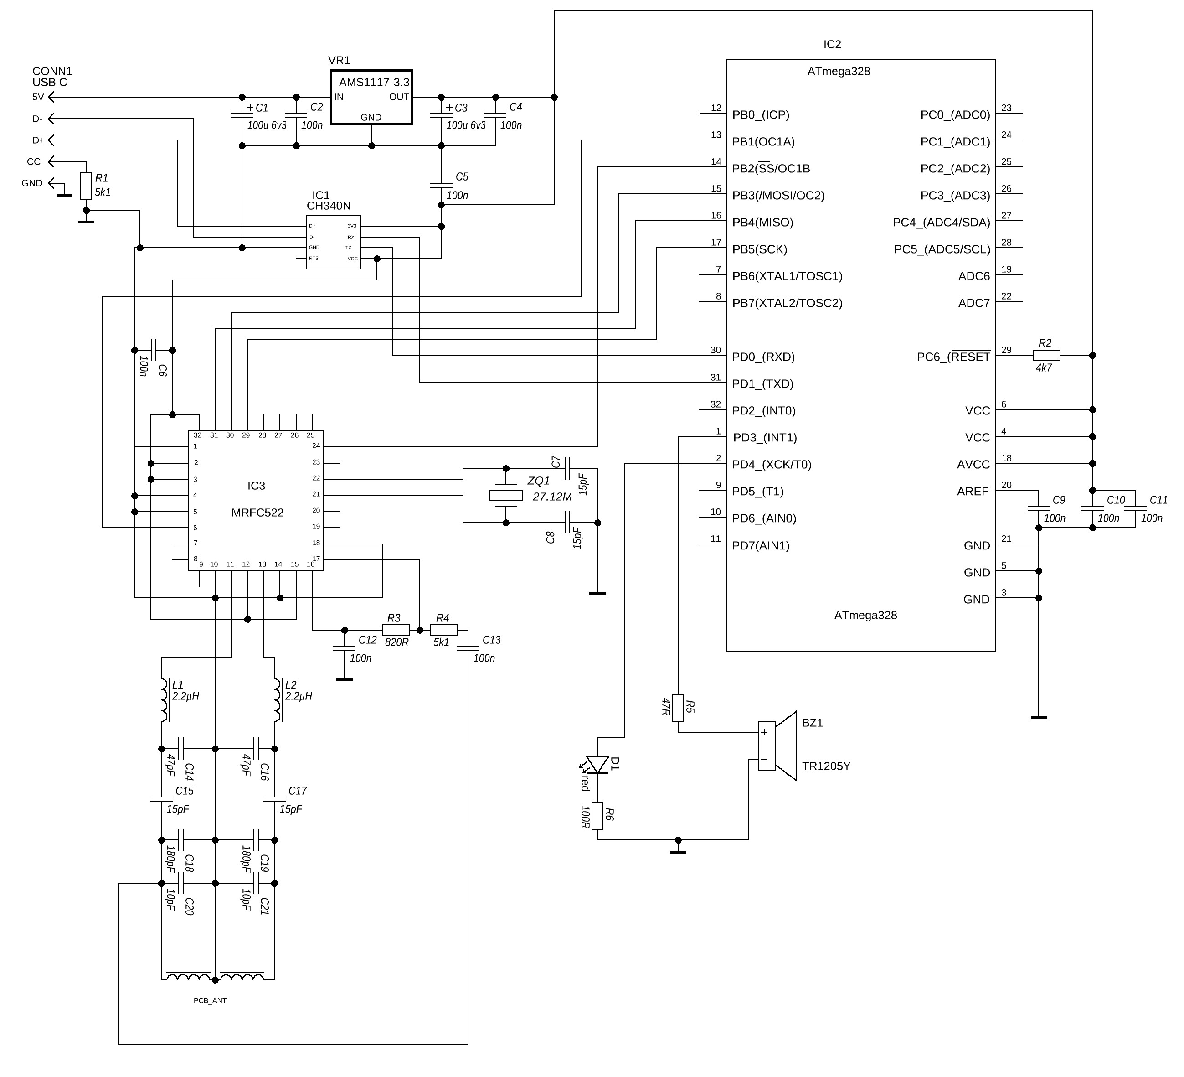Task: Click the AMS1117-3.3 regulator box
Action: pyautogui.click(x=371, y=97)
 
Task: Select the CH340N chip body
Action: pyautogui.click(x=333, y=242)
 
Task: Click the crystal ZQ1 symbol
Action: pyautogui.click(x=506, y=495)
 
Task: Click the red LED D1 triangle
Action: pyautogui.click(x=597, y=764)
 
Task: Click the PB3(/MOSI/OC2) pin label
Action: pyautogui.click(x=778, y=196)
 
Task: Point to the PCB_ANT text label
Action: pyautogui.click(x=210, y=1000)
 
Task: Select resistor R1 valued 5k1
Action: pyautogui.click(x=86, y=185)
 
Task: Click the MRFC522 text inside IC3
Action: pyautogui.click(x=257, y=513)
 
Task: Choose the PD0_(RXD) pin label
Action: pyautogui.click(x=763, y=357)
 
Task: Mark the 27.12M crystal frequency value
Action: pyautogui.click(x=552, y=497)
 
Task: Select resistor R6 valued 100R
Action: pyautogui.click(x=597, y=816)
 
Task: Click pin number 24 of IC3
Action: pyautogui.click(x=316, y=446)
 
